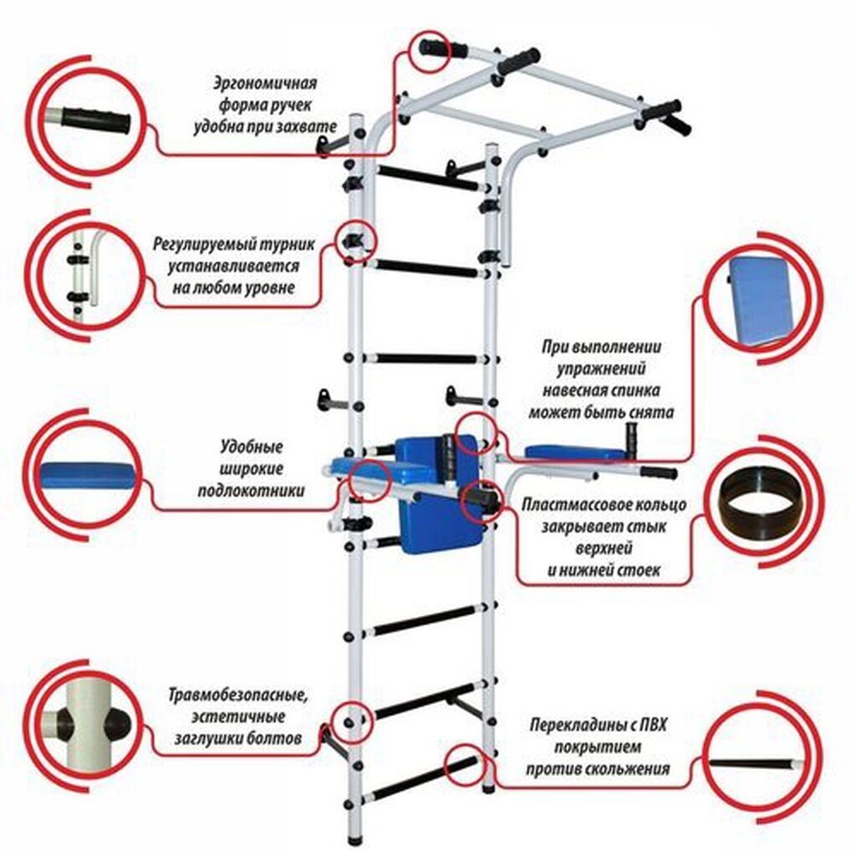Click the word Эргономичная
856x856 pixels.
265,84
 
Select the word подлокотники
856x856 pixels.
251,491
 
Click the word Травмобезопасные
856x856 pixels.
238,696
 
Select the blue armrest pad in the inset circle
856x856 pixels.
87,476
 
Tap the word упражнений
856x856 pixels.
601,369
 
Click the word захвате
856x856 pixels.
308,127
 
